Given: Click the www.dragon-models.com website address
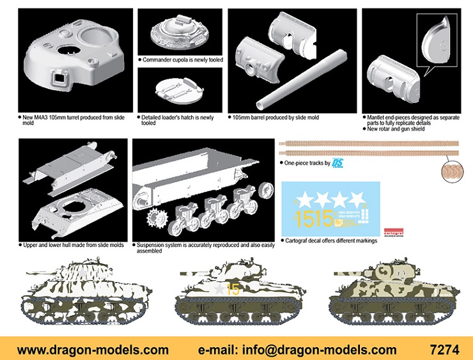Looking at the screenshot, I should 93,350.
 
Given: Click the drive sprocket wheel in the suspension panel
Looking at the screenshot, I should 157,219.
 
